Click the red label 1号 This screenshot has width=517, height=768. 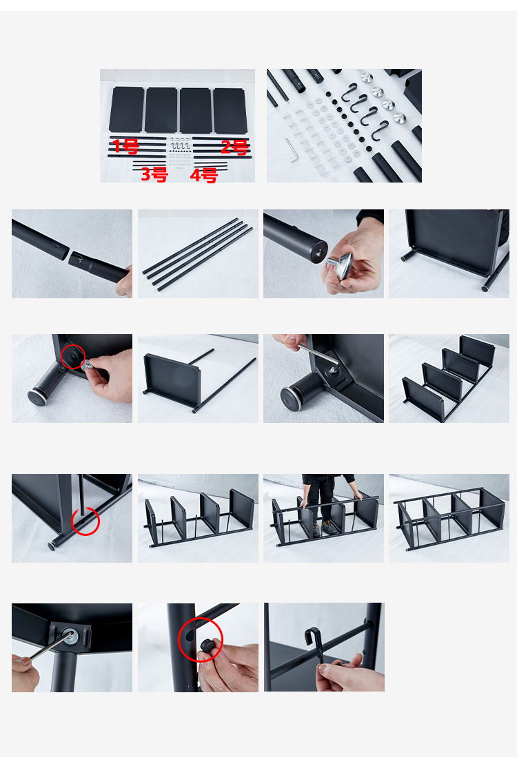point(126,146)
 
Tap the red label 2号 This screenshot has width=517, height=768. point(235,147)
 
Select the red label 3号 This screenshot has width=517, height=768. point(154,174)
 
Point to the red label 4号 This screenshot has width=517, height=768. point(204,175)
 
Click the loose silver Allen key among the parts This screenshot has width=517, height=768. point(292,150)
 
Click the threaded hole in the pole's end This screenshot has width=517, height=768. point(320,250)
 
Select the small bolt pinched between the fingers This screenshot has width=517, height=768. point(88,366)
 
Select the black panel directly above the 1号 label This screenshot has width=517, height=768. point(126,110)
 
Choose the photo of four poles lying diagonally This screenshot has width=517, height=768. point(198,253)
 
